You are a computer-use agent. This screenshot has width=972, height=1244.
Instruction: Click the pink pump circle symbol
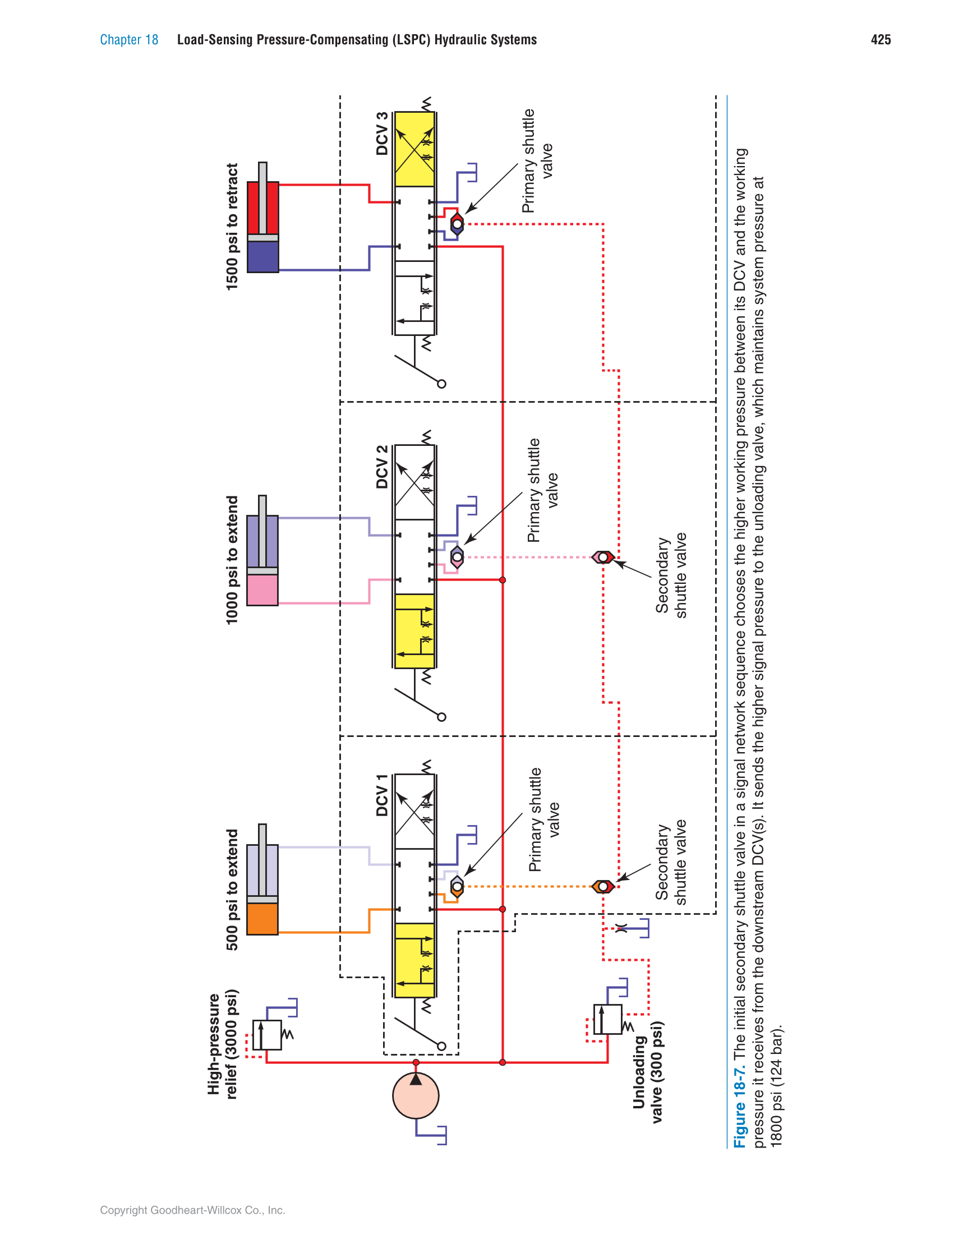416,1095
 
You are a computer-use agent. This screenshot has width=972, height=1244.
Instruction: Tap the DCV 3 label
382,134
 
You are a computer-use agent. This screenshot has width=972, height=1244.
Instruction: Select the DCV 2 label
382,467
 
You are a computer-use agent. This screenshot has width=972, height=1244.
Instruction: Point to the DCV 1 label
382,795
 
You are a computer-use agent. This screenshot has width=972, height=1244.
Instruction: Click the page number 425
881,39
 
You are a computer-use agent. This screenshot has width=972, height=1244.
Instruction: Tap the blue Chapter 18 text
130,39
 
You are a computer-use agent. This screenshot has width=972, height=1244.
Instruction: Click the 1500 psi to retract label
232,227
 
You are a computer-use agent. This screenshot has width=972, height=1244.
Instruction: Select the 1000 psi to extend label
232,560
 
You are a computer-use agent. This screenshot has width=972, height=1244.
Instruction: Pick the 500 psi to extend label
232,890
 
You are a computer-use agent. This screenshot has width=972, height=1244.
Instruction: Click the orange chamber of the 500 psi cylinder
262,918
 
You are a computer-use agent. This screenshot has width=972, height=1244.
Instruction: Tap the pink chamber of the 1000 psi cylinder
262,589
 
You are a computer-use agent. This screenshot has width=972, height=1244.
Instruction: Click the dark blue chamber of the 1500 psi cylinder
262,257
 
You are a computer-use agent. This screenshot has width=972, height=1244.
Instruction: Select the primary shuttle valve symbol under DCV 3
457,224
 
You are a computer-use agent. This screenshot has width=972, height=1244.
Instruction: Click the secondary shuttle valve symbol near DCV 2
603,557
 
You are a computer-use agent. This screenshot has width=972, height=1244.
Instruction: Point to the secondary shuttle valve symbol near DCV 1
603,886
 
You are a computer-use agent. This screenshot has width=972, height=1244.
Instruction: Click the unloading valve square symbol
607,1019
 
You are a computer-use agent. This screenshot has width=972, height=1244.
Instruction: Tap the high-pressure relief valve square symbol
266,1034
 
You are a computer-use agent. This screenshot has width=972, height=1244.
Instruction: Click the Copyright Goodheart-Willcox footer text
192,1210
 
